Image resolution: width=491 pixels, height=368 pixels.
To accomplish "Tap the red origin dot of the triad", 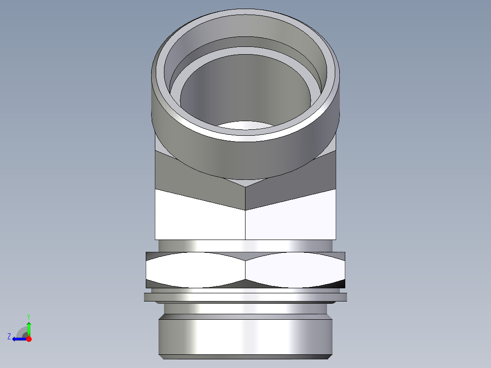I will click(29, 339).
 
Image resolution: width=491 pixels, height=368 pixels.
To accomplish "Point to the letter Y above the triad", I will click(28, 316).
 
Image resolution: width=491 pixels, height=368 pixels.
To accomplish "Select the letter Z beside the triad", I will click(9, 337).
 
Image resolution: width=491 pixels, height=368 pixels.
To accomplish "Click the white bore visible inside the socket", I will click(246, 125).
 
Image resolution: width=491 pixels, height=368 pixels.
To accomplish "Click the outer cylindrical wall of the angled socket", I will click(246, 157).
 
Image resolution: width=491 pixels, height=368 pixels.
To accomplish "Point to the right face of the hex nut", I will click(294, 270).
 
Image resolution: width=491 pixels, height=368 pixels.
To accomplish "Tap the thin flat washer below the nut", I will click(245, 297).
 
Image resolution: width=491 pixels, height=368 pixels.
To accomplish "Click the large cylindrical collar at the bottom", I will click(245, 337).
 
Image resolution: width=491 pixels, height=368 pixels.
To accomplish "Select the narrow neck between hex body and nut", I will click(245, 245).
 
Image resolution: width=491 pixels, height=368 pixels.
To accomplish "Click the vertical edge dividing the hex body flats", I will click(245, 223).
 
